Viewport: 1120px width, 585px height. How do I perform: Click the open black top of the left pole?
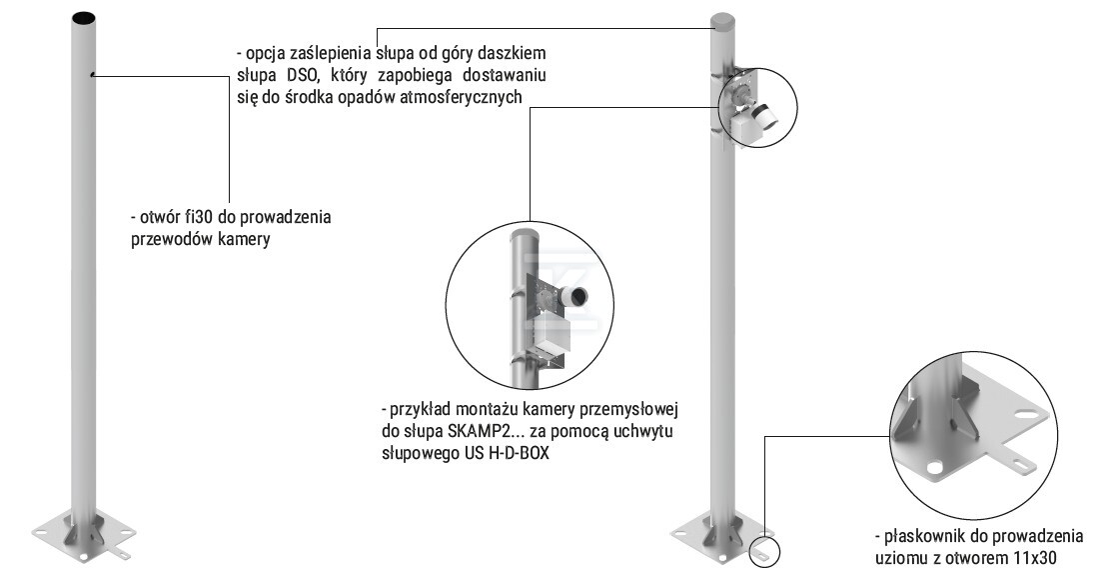pyautogui.click(x=83, y=19)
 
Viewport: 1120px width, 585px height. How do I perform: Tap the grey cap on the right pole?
pyautogui.click(x=722, y=21)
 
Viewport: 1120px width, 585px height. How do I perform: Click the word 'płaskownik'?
pyautogui.click(x=922, y=536)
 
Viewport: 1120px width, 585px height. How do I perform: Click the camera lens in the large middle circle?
pyautogui.click(x=578, y=296)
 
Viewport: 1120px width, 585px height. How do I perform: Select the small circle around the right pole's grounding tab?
pyautogui.click(x=763, y=553)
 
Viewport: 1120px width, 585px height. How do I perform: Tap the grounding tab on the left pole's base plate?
pyautogui.click(x=121, y=554)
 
